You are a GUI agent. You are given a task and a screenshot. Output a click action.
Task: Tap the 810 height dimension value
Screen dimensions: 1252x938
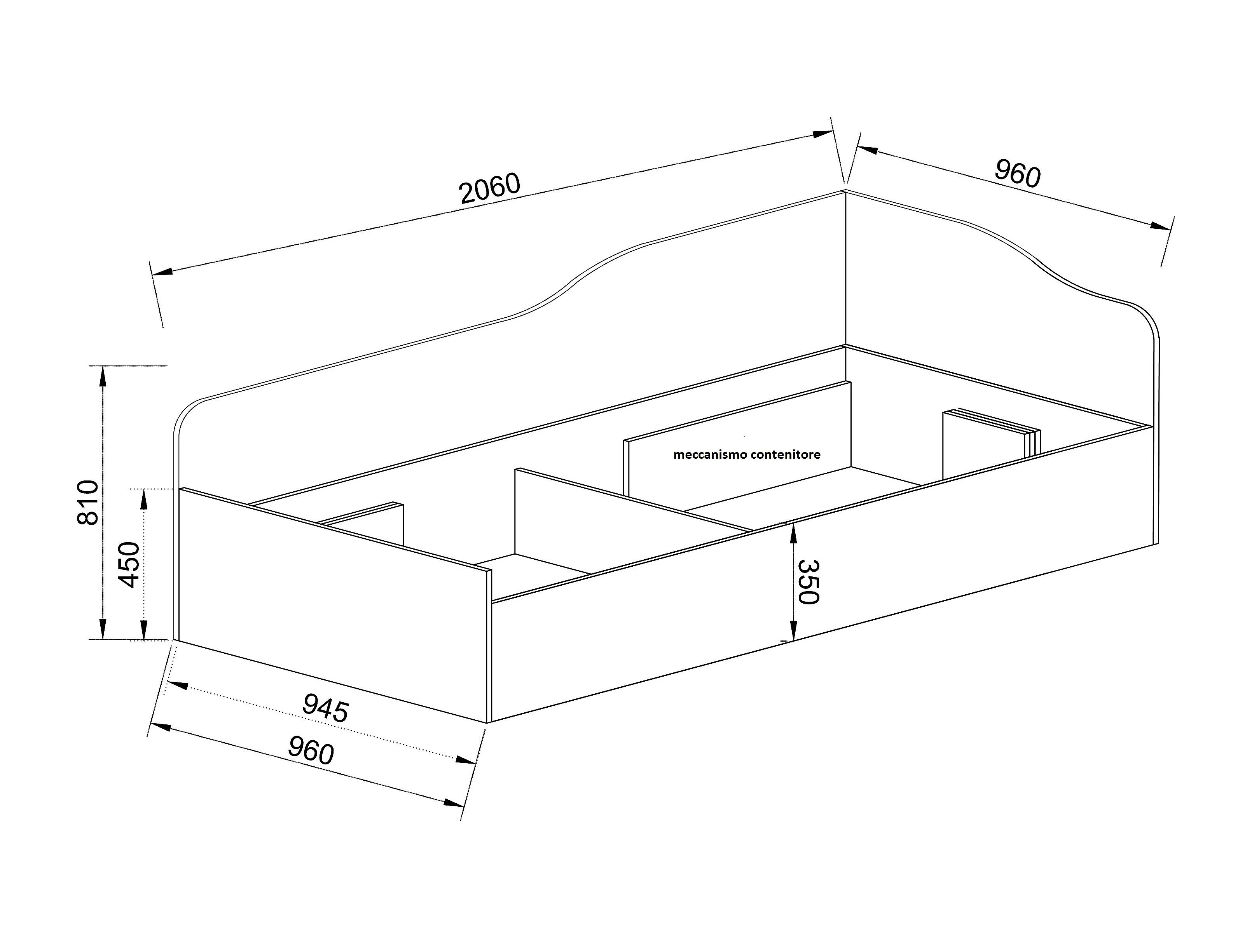pyautogui.click(x=88, y=502)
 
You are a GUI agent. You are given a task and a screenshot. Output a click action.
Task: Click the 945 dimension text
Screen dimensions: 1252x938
pyautogui.click(x=325, y=708)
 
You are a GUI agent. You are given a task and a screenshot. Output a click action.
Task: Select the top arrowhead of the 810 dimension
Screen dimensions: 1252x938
pyautogui.click(x=103, y=376)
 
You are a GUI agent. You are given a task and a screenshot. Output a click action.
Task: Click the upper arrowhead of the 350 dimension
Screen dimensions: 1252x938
pyautogui.click(x=794, y=533)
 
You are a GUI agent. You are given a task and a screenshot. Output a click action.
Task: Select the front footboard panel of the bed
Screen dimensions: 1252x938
pyautogui.click(x=334, y=606)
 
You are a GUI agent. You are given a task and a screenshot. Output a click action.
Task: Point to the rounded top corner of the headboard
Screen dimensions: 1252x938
pyautogui.click(x=1149, y=322)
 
